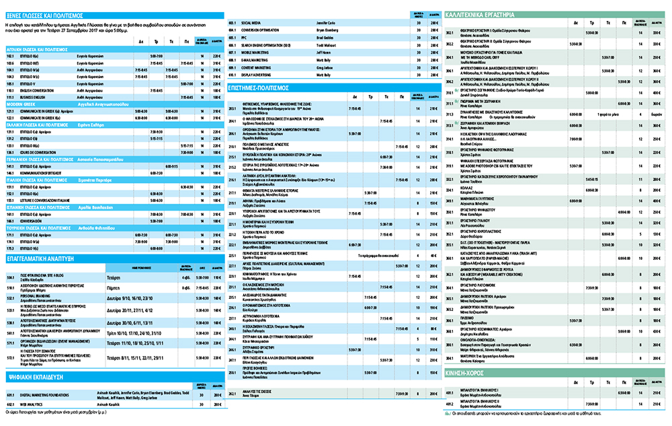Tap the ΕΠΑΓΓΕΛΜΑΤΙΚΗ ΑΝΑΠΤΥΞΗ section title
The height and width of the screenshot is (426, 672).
tap(40, 258)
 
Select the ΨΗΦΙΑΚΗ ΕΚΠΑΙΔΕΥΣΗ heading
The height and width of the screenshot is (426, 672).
tap(37, 379)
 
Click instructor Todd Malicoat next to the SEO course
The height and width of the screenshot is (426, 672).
tap(328, 44)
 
